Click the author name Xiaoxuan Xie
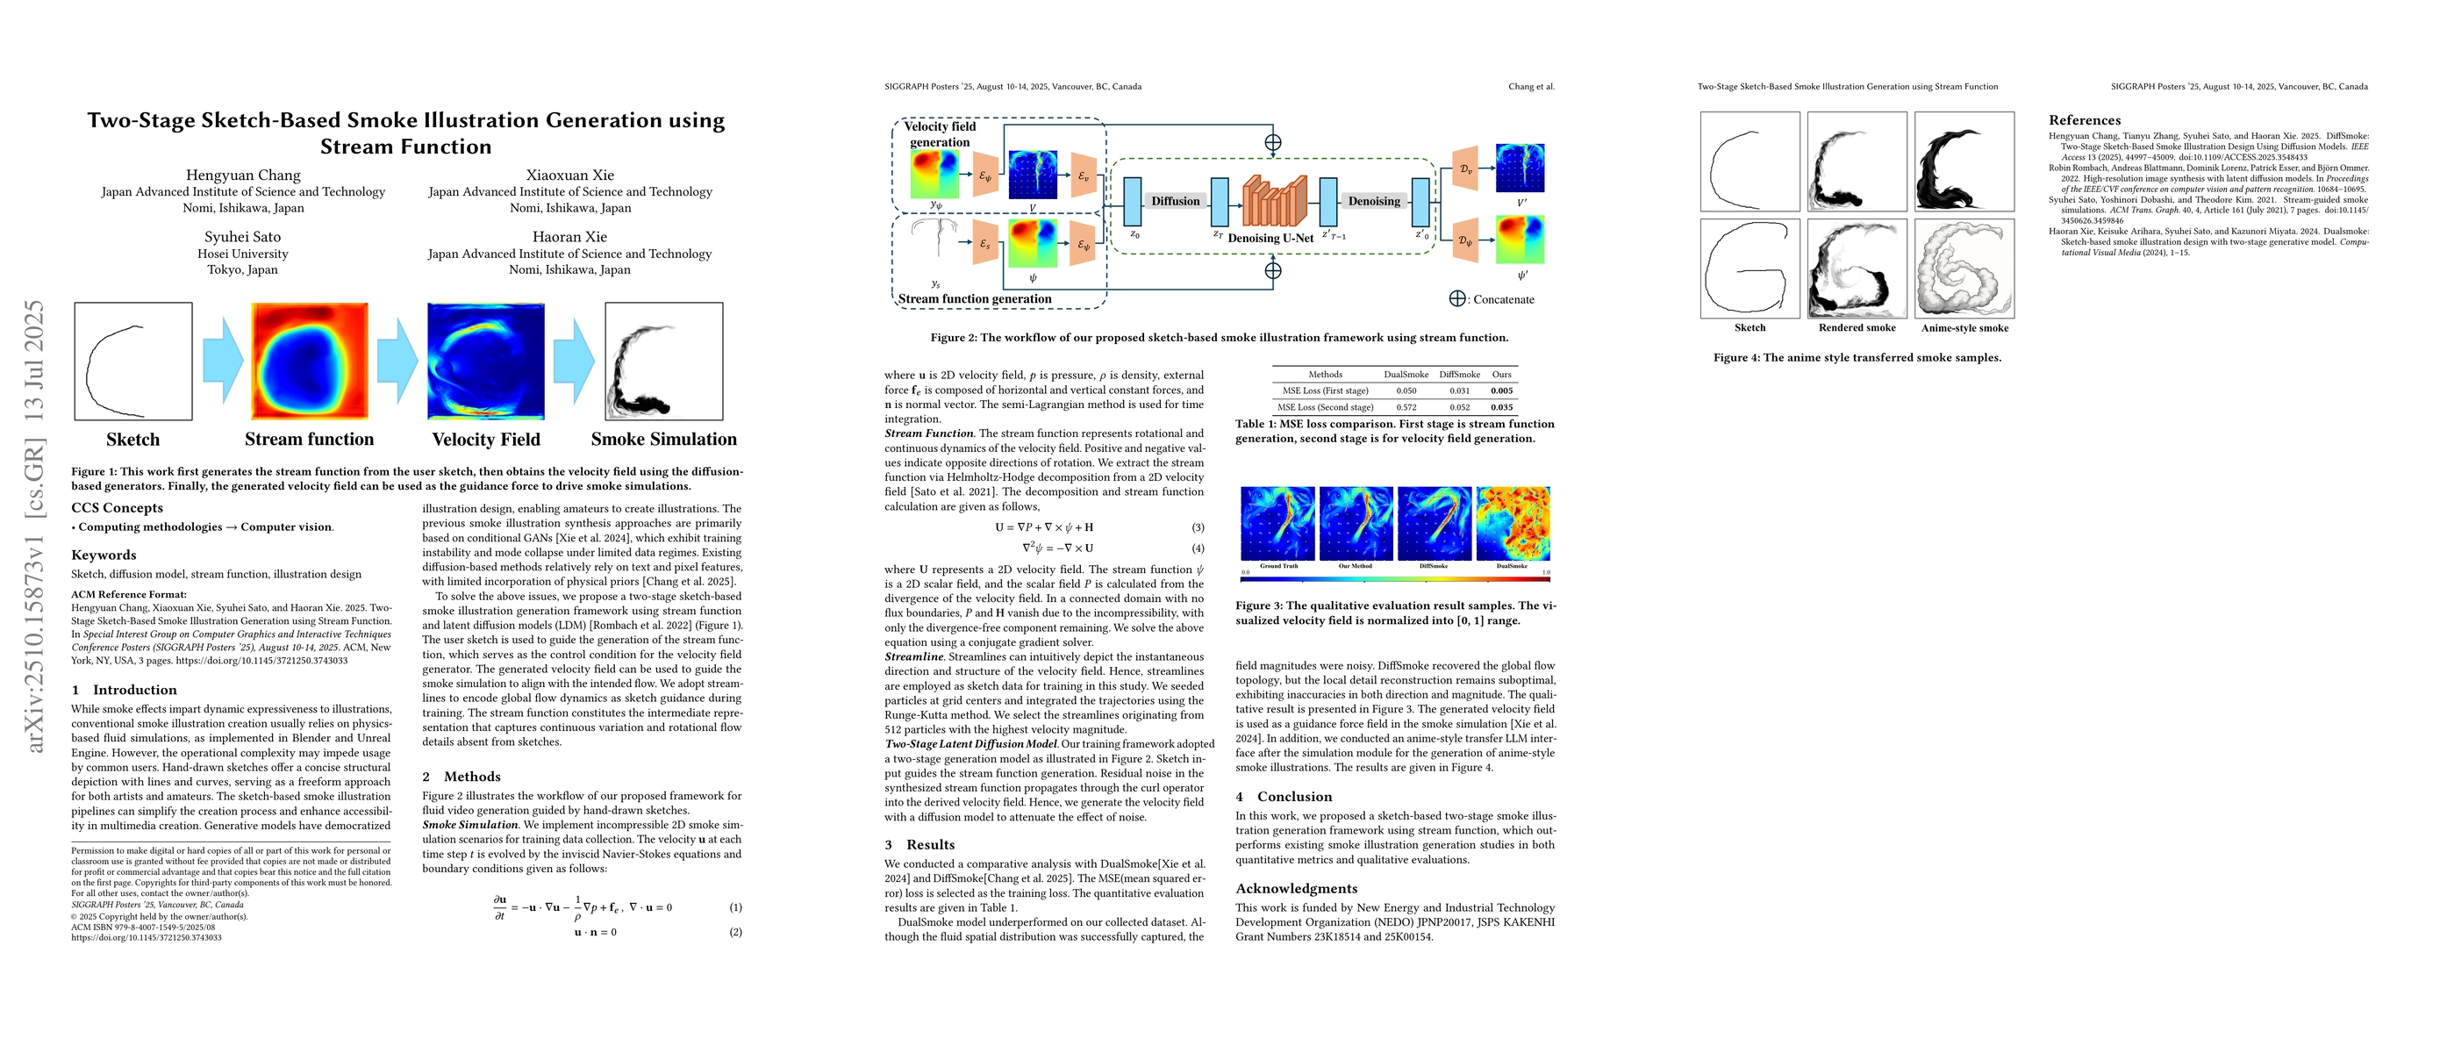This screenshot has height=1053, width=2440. pyautogui.click(x=569, y=175)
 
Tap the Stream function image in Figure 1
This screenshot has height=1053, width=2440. pyautogui.click(x=309, y=361)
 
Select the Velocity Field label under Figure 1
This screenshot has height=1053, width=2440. pyautogui.click(x=486, y=440)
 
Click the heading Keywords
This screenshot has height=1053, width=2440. pyautogui.click(x=104, y=555)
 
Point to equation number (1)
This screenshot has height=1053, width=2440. pyautogui.click(x=736, y=907)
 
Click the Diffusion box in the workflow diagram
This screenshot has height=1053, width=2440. pyautogui.click(x=1175, y=201)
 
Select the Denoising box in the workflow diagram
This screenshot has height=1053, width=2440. pyautogui.click(x=1373, y=201)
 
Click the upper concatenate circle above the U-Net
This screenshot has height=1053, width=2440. pyautogui.click(x=1273, y=142)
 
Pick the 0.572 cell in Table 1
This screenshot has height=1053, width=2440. pyautogui.click(x=1406, y=407)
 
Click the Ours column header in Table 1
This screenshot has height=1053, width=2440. pyautogui.click(x=1501, y=374)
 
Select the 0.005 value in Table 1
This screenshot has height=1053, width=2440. pyautogui.click(x=1501, y=390)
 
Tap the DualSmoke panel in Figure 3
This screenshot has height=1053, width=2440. pyautogui.click(x=1513, y=523)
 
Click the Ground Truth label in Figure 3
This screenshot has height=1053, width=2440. pyautogui.click(x=1277, y=566)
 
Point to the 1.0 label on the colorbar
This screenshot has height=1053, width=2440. pyautogui.click(x=1546, y=573)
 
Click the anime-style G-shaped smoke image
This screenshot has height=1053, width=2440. pyautogui.click(x=1964, y=269)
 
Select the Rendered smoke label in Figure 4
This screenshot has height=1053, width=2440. pyautogui.click(x=1857, y=327)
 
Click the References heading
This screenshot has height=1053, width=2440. pyautogui.click(x=2084, y=120)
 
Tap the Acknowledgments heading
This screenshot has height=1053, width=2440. pyautogui.click(x=1296, y=888)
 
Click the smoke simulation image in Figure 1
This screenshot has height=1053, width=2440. pyautogui.click(x=663, y=361)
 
